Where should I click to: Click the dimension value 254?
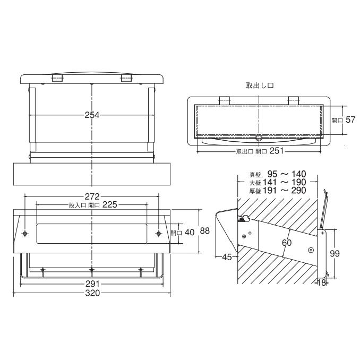[92, 115]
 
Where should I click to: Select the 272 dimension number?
[92, 196]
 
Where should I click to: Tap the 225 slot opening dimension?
[110, 204]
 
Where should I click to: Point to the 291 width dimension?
[92, 284]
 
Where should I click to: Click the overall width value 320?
[92, 293]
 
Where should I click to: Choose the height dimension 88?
[205, 231]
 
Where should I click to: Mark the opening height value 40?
[190, 233]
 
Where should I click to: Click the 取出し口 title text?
[260, 85]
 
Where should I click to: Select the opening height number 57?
[350, 119]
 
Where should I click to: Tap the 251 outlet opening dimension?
[277, 151]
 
